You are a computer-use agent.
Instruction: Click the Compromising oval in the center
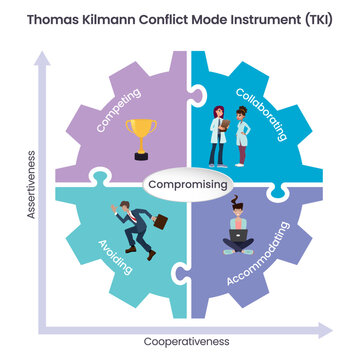coord(188,185)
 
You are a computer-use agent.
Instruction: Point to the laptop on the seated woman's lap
coord(240,236)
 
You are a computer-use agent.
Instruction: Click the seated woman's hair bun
coord(239,203)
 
